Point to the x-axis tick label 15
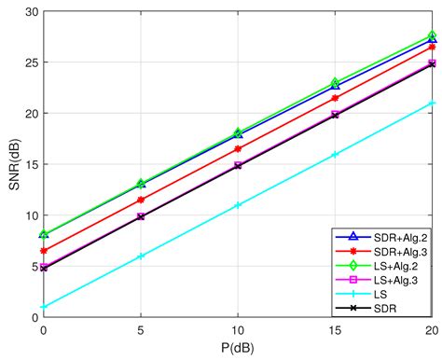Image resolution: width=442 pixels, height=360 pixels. pos(335,330)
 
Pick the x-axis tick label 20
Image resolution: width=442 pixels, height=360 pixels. pos(431,330)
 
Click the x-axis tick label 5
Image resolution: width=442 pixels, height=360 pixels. pos(141,330)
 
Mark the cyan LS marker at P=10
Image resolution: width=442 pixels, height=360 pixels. pos(238,205)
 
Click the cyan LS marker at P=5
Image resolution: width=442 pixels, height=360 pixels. pos(141,256)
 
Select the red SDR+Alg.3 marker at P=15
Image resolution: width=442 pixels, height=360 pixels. pos(335,98)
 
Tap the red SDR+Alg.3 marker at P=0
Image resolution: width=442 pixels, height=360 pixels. pos(44,251)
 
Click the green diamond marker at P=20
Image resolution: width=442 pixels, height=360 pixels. pos(432,35)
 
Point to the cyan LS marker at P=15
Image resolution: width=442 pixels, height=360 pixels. pos(335,155)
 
